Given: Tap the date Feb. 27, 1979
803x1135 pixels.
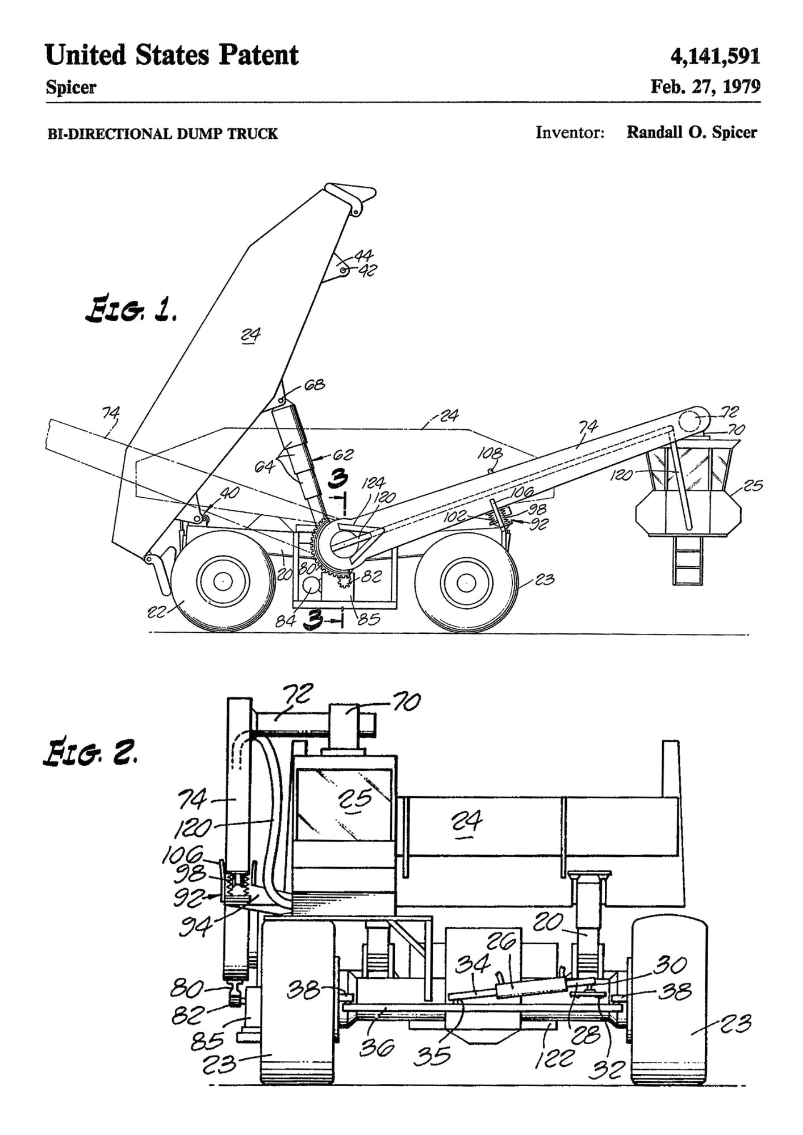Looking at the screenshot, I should (705, 86).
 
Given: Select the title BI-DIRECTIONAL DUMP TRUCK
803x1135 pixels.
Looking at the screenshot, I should (162, 134).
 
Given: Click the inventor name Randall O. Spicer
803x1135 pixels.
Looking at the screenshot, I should (691, 132).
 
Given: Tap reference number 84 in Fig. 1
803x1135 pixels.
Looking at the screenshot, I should (286, 621).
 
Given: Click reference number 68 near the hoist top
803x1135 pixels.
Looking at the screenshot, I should (315, 385).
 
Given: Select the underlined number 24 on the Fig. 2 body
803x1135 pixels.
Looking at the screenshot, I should (467, 821).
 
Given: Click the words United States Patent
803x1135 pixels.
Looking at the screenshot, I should (172, 56).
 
